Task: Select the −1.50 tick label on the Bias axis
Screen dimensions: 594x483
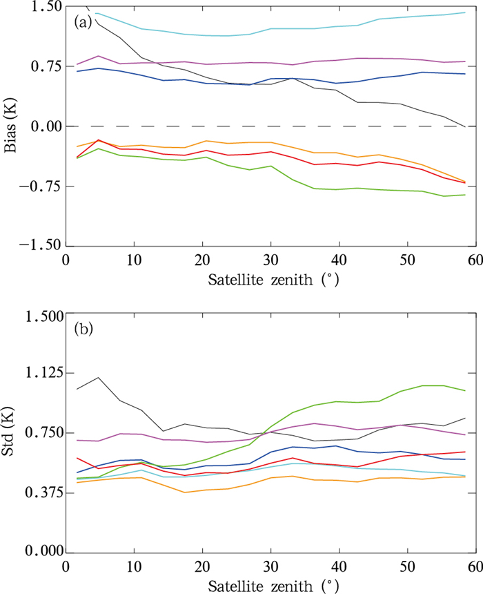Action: coord(34,247)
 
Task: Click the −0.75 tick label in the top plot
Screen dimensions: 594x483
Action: coord(34,186)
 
